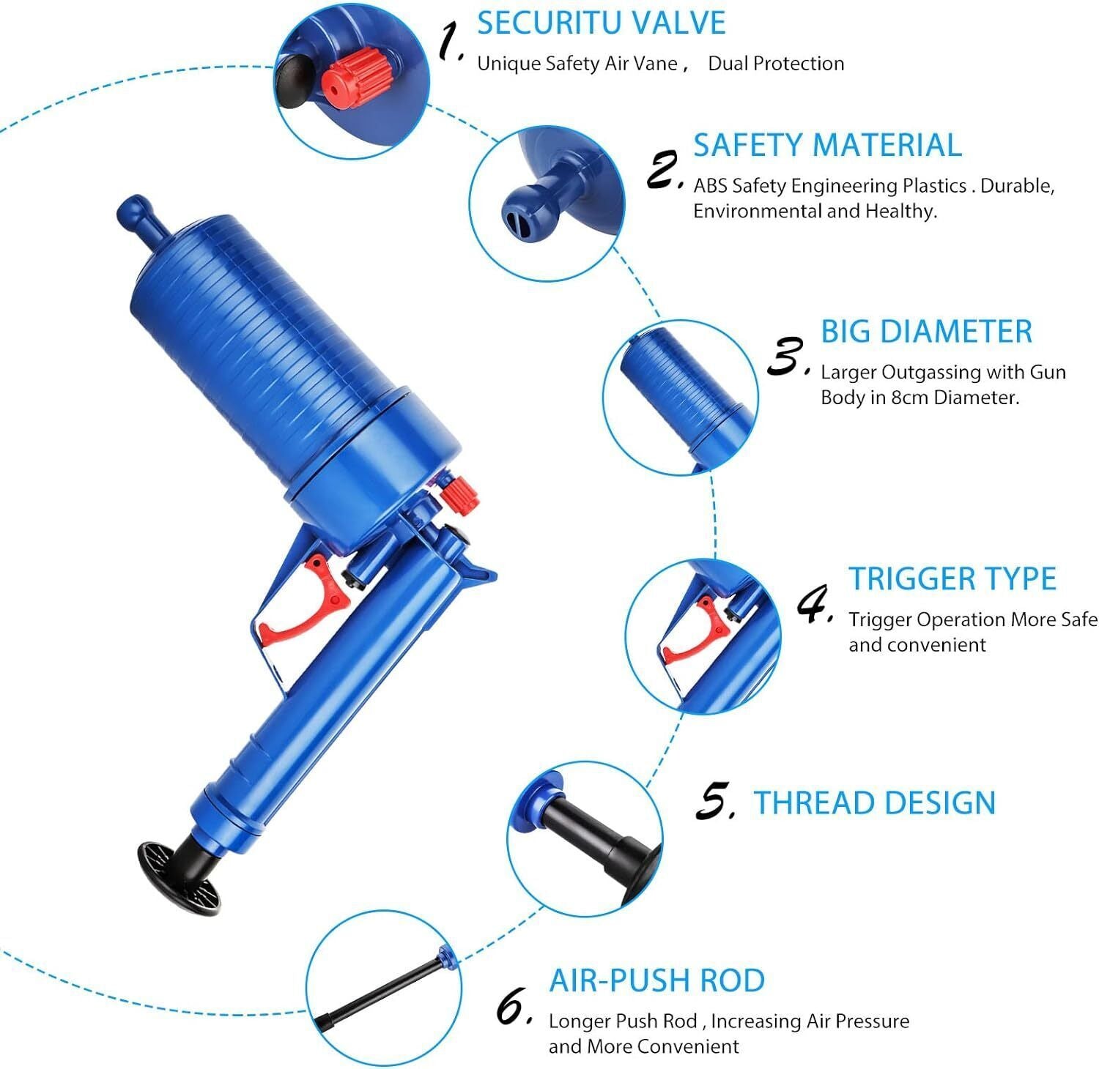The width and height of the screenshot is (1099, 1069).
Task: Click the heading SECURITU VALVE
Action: click(x=601, y=23)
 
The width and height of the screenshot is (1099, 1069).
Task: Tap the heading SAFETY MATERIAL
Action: click(x=827, y=145)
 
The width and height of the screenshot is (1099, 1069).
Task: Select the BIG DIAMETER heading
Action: click(x=926, y=331)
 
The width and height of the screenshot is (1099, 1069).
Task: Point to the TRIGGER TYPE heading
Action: click(x=952, y=578)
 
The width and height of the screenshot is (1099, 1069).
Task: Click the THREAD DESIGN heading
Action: click(x=875, y=802)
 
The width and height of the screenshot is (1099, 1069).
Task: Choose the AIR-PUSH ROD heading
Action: click(x=657, y=980)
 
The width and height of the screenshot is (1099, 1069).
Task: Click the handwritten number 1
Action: click(x=451, y=41)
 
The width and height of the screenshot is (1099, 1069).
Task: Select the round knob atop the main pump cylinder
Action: click(x=133, y=211)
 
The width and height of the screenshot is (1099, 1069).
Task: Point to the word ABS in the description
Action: click(x=710, y=186)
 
